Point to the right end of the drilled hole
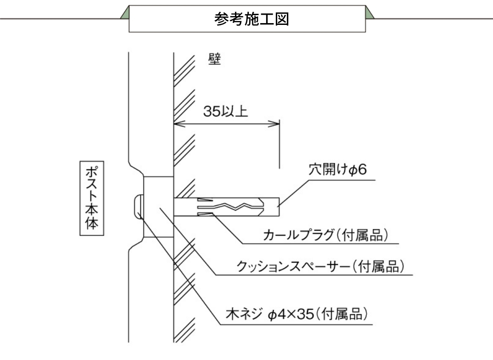pyautogui.click(x=278, y=207)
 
